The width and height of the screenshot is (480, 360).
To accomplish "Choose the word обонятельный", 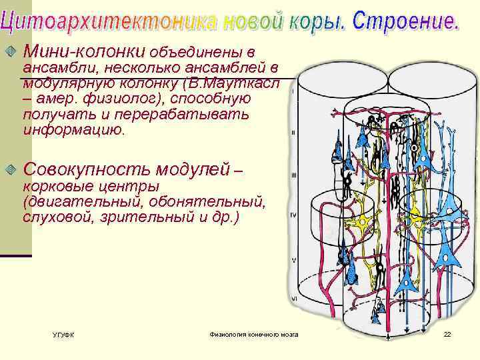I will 213,201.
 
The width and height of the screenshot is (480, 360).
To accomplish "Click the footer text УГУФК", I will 63,334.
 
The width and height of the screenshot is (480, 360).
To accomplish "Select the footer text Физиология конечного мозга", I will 253,333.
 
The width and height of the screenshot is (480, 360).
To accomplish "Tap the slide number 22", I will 447,333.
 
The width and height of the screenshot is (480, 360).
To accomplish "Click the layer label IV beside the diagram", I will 293,215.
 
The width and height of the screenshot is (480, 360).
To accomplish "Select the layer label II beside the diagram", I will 293,133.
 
